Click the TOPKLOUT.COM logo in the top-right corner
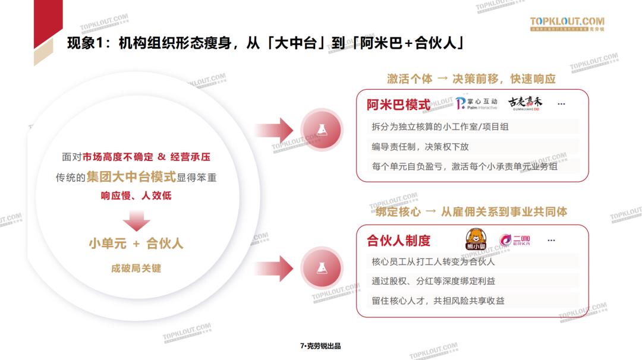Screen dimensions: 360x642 (567, 24)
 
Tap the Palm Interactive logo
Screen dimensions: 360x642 (476, 105)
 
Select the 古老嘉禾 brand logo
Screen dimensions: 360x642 (525, 103)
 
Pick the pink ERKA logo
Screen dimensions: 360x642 (515, 240)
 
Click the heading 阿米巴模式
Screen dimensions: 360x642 (398, 105)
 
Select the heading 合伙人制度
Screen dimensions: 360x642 (398, 241)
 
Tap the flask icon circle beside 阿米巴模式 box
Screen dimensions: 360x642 (321, 130)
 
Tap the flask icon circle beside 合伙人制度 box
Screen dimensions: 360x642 (321, 266)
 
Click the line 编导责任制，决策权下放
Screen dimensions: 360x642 (420, 147)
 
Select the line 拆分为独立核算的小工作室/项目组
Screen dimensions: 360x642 (440, 127)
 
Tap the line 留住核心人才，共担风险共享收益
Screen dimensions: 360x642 (438, 301)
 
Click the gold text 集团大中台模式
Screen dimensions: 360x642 (131, 177)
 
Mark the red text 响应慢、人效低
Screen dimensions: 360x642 (136, 195)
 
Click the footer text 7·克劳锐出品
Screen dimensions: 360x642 (321, 346)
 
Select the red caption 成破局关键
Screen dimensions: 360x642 (136, 268)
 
